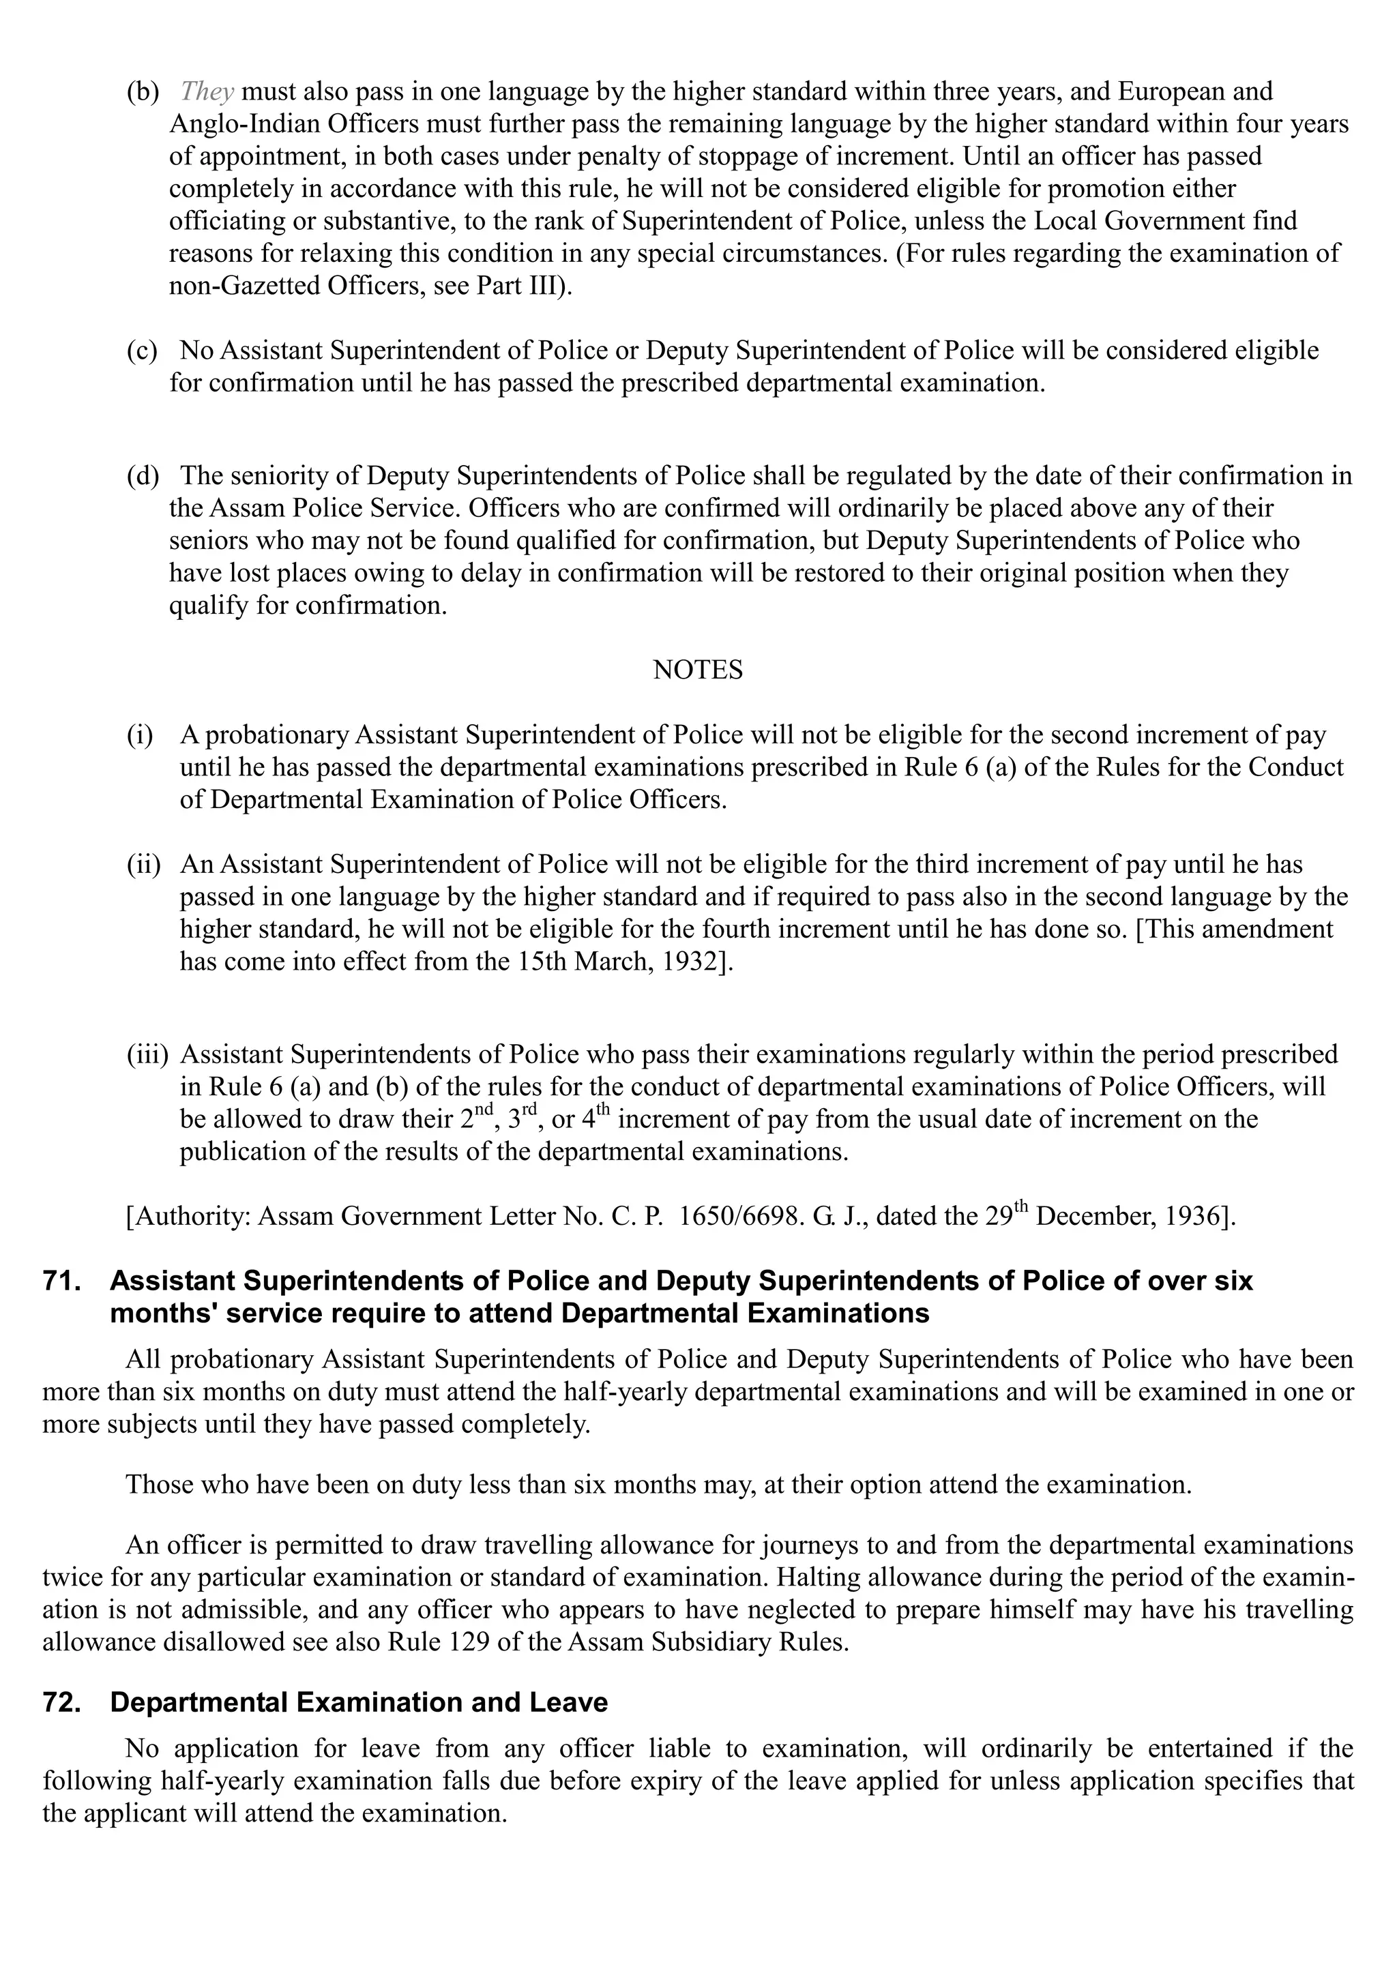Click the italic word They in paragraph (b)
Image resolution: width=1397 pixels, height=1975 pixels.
pyautogui.click(x=207, y=91)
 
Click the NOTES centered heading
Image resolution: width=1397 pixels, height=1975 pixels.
pyautogui.click(x=698, y=670)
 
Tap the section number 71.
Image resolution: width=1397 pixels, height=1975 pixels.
pyautogui.click(x=62, y=1281)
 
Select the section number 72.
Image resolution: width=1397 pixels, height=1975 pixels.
pyautogui.click(x=62, y=1703)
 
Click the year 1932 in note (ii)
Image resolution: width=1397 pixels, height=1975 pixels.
pyautogui.click(x=693, y=962)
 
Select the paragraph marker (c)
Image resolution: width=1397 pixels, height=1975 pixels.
pyautogui.click(x=142, y=351)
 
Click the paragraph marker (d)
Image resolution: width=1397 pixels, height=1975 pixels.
pyautogui.click(x=142, y=476)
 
